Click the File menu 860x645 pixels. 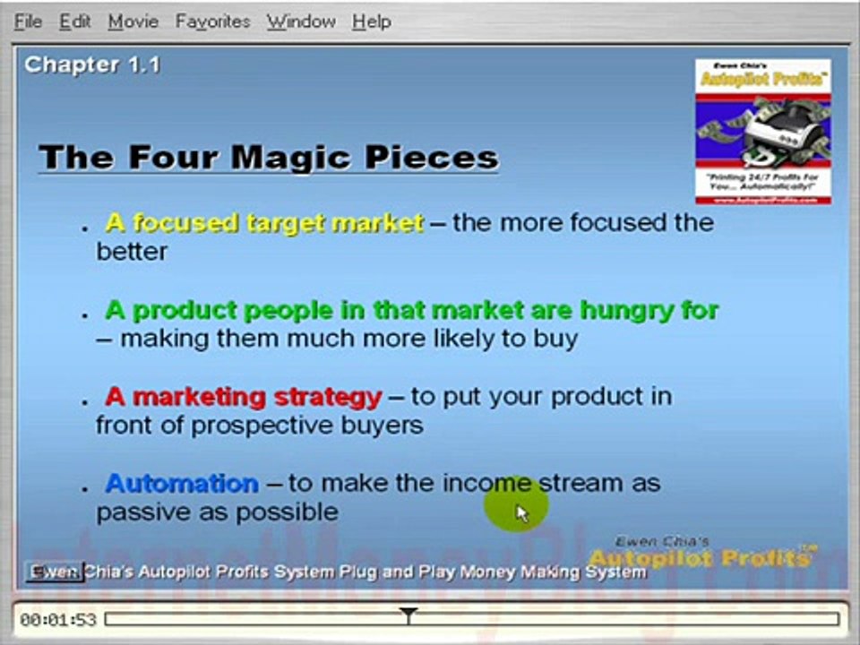coord(28,21)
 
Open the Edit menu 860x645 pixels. coord(75,21)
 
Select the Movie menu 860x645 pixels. coord(133,21)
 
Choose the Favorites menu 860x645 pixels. coord(212,21)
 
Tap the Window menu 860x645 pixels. coord(300,21)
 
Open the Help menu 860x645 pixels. coord(371,21)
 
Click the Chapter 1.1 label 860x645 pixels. coord(92,64)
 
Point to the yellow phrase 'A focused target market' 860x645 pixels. coord(264,222)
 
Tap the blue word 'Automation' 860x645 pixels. coord(182,484)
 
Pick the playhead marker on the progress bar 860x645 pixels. coord(408,615)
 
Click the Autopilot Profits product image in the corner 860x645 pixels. coord(762,131)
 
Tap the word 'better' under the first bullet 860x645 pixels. coord(132,251)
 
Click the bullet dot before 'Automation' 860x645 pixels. coord(85,489)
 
